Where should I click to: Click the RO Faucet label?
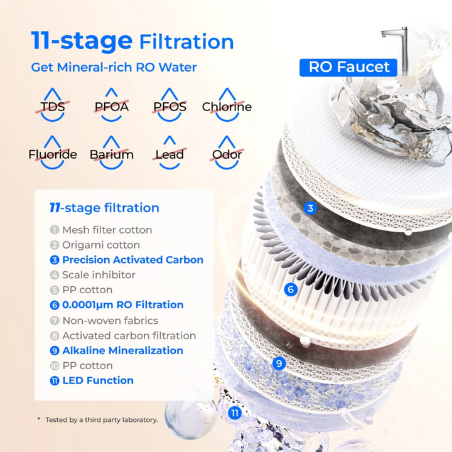[x=349, y=67]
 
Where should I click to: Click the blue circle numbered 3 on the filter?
[x=310, y=208]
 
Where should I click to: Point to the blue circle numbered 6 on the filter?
[x=290, y=289]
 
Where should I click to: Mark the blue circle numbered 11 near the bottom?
[x=235, y=412]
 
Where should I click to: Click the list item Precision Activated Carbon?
[x=132, y=260]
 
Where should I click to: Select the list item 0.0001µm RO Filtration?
[x=122, y=305]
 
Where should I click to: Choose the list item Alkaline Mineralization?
[x=122, y=350]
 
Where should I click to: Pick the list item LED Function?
[x=97, y=380]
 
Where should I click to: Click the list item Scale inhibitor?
[x=98, y=275]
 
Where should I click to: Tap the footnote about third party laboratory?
[x=101, y=419]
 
